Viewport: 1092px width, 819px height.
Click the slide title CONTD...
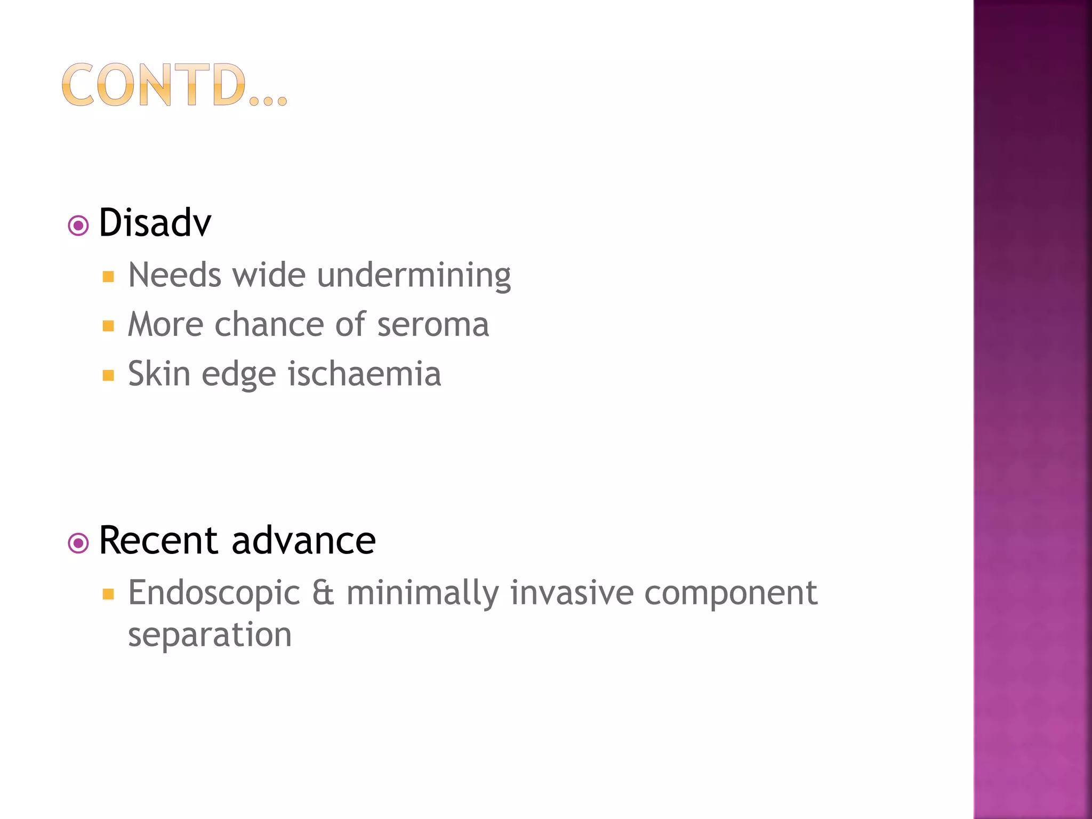point(174,85)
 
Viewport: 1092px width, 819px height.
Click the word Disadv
point(155,222)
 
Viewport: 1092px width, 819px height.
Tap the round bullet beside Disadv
point(78,226)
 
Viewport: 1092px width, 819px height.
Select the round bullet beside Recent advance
point(78,543)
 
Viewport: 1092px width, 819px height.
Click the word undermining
point(414,276)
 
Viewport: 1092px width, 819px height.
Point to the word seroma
point(433,325)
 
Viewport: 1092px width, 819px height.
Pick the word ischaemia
point(364,373)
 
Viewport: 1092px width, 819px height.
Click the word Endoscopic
point(214,593)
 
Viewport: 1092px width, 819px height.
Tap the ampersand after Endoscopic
point(323,593)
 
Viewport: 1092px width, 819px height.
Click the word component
point(730,593)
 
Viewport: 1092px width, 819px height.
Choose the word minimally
point(422,593)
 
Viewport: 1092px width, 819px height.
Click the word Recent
point(158,540)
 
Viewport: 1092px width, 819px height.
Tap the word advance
point(304,540)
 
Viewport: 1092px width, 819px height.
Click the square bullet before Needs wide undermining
point(108,277)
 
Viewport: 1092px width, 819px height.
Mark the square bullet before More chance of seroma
point(108,326)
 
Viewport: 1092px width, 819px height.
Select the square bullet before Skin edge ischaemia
point(108,375)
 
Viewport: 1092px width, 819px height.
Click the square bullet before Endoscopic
point(108,595)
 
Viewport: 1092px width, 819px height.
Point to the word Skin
point(159,373)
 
